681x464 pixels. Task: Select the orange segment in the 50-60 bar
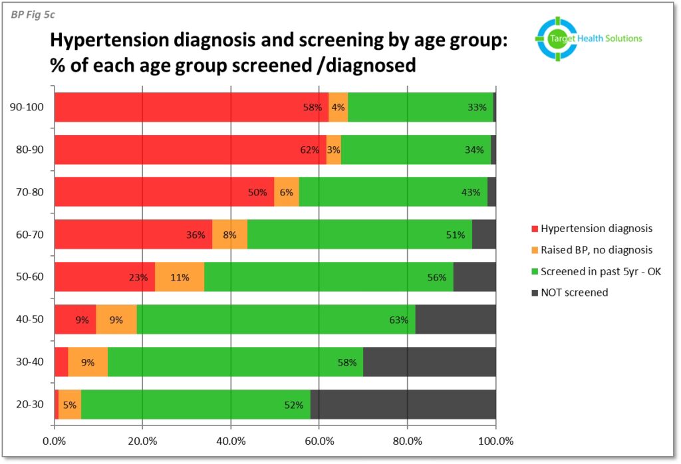(x=180, y=277)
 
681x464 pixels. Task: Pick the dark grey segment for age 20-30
(x=403, y=405)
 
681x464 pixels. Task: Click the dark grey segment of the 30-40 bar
(x=430, y=362)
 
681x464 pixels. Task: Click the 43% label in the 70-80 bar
(x=471, y=192)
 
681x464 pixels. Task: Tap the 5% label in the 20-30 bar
(x=70, y=405)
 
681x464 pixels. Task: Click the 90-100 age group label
(x=32, y=107)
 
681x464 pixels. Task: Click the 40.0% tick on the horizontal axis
(x=231, y=441)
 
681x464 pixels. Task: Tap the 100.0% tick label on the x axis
(x=495, y=441)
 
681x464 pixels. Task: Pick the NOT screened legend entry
(x=574, y=292)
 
